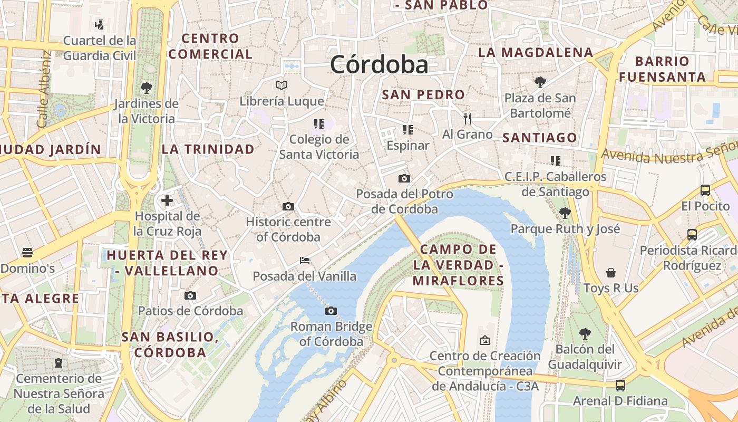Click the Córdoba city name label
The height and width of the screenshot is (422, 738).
(379, 65)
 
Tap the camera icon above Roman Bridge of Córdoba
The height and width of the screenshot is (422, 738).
(331, 311)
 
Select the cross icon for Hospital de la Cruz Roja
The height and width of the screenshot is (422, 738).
(167, 200)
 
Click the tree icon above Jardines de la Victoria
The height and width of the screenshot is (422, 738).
(147, 88)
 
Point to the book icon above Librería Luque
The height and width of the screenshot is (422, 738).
(281, 85)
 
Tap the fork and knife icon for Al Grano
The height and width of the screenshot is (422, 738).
(467, 118)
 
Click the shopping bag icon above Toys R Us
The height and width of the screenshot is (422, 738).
(610, 273)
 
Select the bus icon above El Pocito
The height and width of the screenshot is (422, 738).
(705, 190)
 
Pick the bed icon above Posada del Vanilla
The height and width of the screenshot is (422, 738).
(304, 260)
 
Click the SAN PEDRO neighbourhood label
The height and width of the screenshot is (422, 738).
(423, 95)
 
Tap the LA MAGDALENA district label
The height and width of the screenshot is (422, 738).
(536, 53)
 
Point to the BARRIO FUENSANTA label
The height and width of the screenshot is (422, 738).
(662, 69)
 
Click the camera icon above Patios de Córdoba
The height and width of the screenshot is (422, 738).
(190, 295)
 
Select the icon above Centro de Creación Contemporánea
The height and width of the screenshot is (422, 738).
(485, 340)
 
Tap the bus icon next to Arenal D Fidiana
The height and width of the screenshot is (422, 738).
(620, 386)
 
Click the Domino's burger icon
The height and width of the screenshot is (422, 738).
(27, 253)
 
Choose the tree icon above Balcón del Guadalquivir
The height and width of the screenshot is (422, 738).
(585, 333)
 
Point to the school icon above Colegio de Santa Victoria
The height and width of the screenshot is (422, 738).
(318, 124)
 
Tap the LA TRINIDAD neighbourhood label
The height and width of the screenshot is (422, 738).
(208, 149)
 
